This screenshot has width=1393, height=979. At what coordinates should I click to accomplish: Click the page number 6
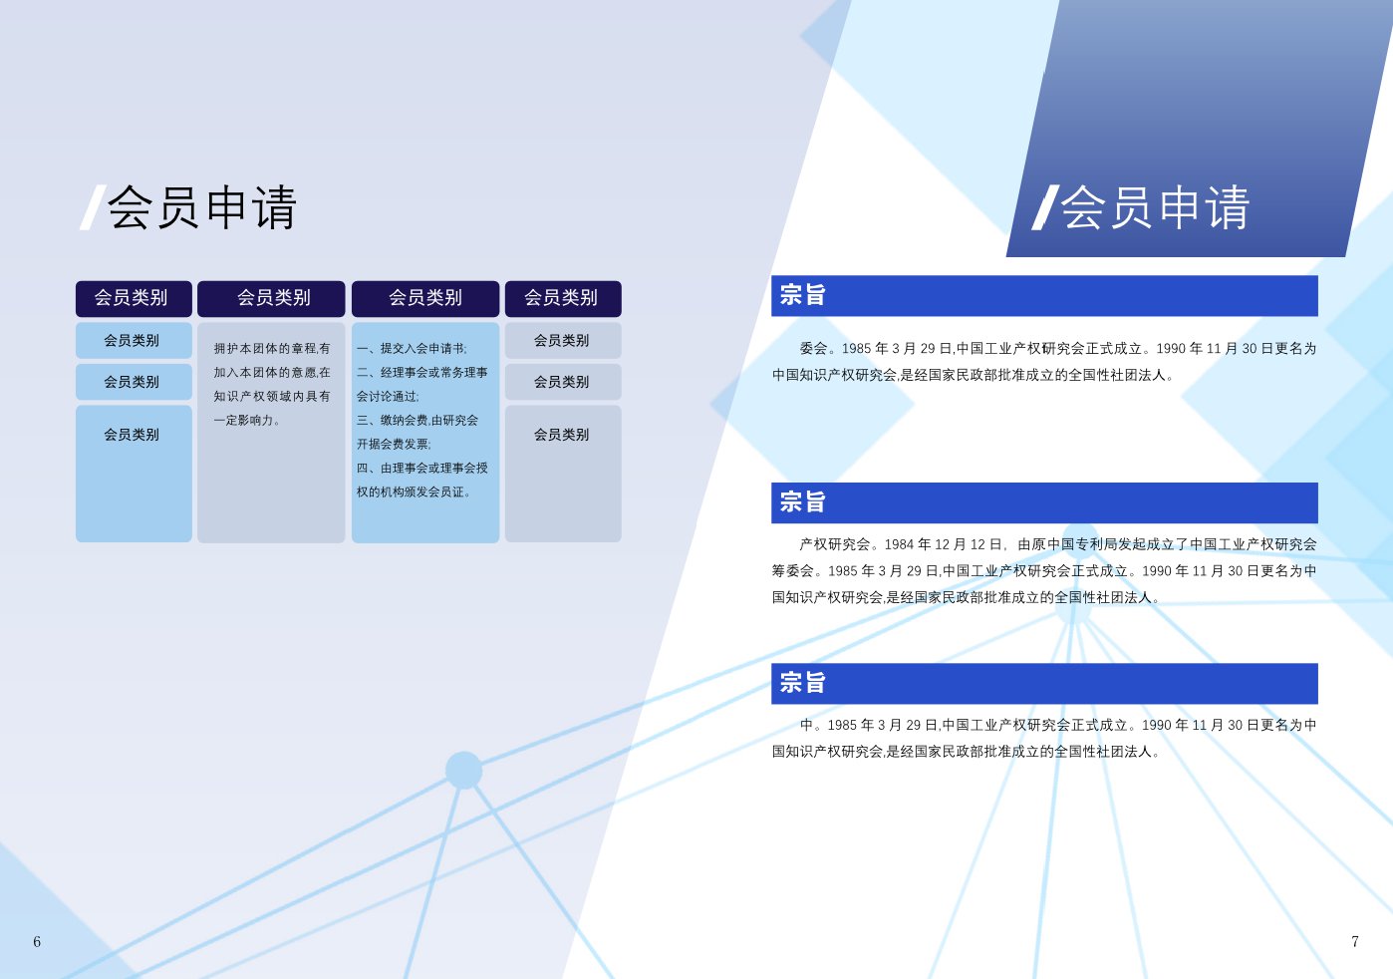coord(37,942)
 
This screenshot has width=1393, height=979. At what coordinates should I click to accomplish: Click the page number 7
coord(1355,941)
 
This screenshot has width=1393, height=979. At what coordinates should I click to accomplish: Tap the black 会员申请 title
coord(202,207)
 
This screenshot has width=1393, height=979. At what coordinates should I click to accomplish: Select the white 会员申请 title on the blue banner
coord(1155,207)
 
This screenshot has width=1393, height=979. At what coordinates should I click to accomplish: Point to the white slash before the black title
coord(93,207)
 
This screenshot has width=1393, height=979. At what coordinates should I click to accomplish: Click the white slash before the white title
coord(1045,207)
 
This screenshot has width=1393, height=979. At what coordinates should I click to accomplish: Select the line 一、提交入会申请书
coord(412,349)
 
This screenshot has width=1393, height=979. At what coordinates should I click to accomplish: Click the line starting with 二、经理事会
coord(422,372)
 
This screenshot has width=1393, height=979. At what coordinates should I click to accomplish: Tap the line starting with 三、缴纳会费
coord(418,420)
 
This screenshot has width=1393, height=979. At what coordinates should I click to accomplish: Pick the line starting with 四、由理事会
coord(422,468)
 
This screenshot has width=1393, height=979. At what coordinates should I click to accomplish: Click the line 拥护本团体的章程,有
coord(272,349)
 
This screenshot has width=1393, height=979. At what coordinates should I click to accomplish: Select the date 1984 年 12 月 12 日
coord(943,544)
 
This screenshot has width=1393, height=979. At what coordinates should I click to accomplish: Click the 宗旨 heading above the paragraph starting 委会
coord(803,295)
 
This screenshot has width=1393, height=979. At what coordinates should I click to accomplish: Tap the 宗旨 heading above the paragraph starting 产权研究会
coord(803,501)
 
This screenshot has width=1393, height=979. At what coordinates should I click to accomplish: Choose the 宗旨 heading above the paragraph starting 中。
coord(803,683)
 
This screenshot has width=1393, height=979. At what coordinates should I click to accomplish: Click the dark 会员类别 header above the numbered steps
coord(425,298)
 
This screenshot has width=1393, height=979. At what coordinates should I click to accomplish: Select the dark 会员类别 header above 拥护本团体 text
coord(271,298)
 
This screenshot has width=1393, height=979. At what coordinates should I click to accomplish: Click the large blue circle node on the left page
coord(464,771)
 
